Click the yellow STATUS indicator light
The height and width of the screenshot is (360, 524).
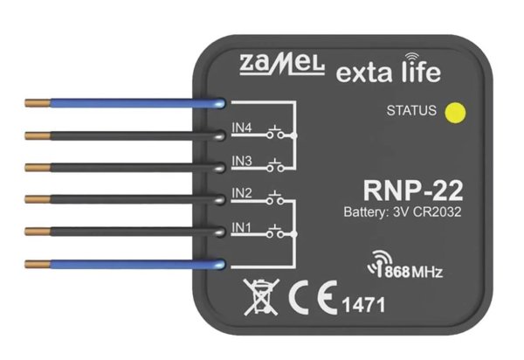tap(452, 112)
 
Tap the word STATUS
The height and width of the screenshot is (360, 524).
tap(410, 111)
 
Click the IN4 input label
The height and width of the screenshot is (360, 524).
tap(242, 128)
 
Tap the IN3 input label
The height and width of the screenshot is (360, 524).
tap(242, 160)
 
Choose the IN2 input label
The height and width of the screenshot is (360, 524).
tap(242, 192)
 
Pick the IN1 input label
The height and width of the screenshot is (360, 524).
tap(242, 225)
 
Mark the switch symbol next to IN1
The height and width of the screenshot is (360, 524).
tap(279, 232)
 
